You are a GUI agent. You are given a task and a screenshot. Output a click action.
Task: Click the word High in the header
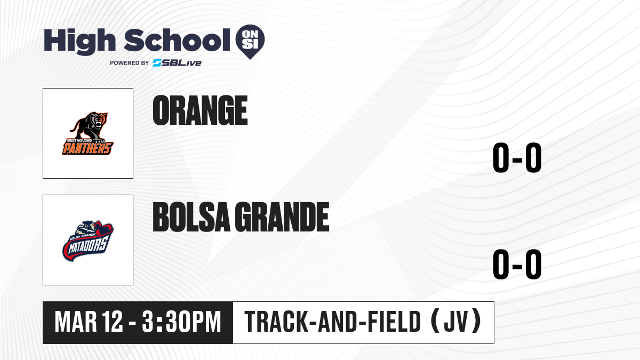(79, 41)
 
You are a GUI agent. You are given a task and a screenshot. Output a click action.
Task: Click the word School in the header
(177, 40)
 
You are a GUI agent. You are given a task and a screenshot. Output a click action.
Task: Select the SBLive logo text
(177, 63)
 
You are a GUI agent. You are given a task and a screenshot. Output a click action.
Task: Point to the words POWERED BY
(130, 63)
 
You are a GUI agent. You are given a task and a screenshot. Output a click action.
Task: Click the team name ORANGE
(200, 110)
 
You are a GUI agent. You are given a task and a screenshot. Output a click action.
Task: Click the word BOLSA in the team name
(191, 217)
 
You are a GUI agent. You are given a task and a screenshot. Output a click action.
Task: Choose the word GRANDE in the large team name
(282, 217)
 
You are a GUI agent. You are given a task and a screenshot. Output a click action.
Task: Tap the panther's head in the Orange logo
(100, 121)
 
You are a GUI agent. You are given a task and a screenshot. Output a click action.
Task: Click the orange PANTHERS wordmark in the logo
(87, 148)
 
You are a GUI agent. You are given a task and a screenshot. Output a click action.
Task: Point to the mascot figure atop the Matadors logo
(88, 227)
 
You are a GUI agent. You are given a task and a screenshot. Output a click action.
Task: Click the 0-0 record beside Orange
(517, 157)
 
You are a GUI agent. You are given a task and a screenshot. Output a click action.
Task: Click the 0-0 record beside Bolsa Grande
(517, 264)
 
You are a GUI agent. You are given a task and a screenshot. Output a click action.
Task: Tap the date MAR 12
(89, 322)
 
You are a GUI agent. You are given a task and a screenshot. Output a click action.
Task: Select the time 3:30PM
(182, 322)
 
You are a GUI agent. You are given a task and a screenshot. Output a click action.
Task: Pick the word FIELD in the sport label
(394, 322)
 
